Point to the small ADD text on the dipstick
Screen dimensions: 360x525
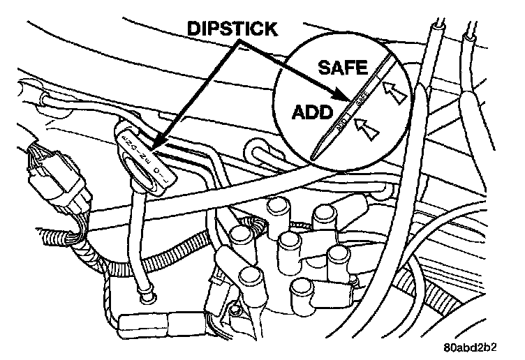[x=341, y=126]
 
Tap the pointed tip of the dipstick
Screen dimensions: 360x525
[x=316, y=155]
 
